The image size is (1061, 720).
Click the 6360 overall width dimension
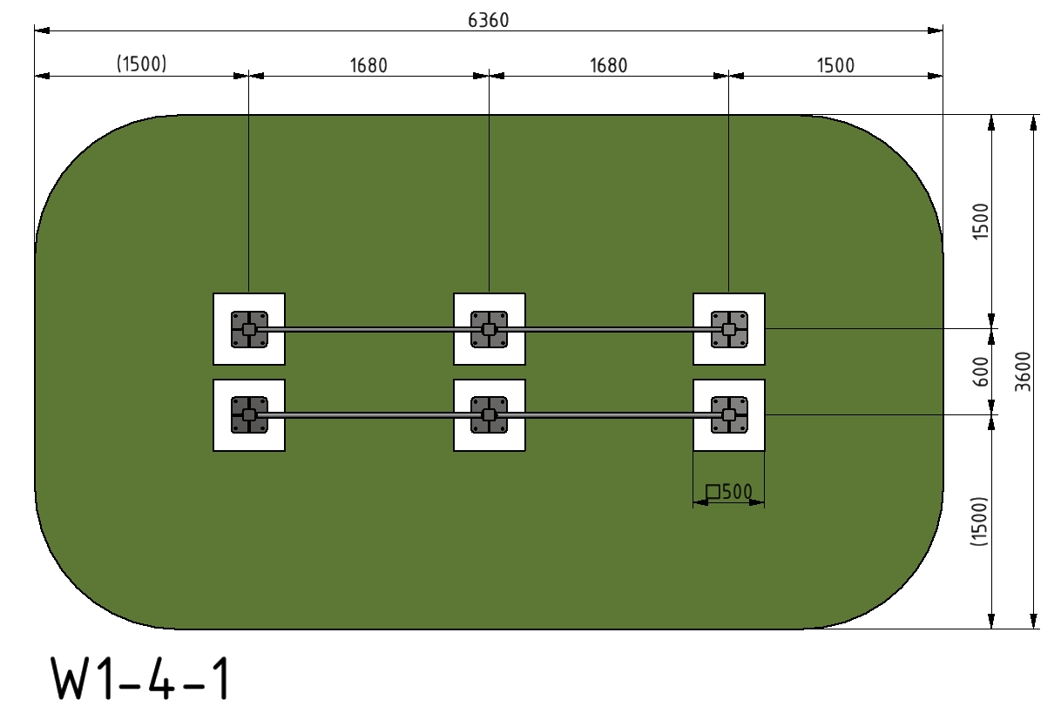click(x=489, y=20)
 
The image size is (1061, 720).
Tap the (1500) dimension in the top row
click(x=142, y=64)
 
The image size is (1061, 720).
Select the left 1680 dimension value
click(x=368, y=65)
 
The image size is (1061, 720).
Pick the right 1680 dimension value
click(x=609, y=65)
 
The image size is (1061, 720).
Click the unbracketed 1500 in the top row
click(x=835, y=65)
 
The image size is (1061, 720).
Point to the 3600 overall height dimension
click(x=1023, y=372)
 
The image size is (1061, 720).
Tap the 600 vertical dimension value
click(x=982, y=372)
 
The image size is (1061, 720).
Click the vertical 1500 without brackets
click(x=981, y=221)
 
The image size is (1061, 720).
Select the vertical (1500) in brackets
click(x=979, y=521)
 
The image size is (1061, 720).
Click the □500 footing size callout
click(x=729, y=492)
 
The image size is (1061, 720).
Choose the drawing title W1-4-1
click(x=140, y=678)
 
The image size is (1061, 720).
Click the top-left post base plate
click(x=249, y=329)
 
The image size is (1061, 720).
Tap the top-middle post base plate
click(x=490, y=329)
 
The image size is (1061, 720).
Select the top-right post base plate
click(x=729, y=329)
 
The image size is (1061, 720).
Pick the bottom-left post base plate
click(x=249, y=415)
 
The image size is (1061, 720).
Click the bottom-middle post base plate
click(x=490, y=415)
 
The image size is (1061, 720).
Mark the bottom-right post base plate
click(x=729, y=415)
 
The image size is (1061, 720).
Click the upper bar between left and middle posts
click(x=369, y=329)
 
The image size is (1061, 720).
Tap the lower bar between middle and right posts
click(x=609, y=415)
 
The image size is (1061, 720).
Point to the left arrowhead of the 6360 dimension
click(x=42, y=30)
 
